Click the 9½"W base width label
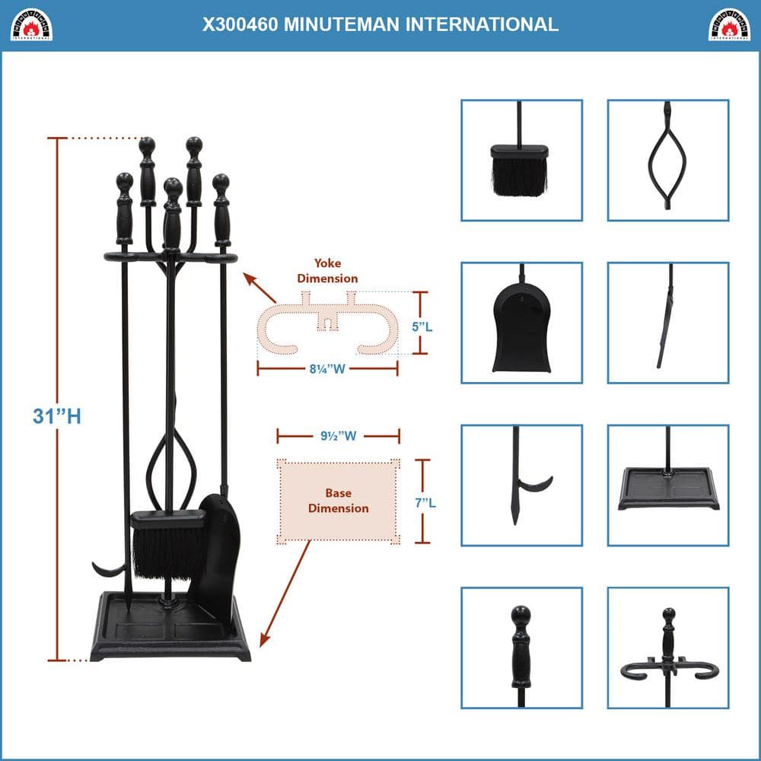(x=338, y=437)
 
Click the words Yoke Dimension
(x=327, y=271)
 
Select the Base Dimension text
(x=339, y=501)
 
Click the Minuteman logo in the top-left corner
(x=31, y=24)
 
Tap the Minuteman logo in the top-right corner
(x=729, y=24)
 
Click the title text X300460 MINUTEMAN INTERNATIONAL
(x=380, y=24)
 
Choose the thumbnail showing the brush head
(x=521, y=161)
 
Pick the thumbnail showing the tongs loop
(x=667, y=161)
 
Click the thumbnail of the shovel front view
(x=521, y=323)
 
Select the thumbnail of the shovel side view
(x=667, y=323)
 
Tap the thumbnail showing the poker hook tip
(x=521, y=485)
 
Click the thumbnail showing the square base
(x=667, y=485)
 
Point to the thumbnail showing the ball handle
(x=521, y=647)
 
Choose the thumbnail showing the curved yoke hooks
(x=667, y=647)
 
